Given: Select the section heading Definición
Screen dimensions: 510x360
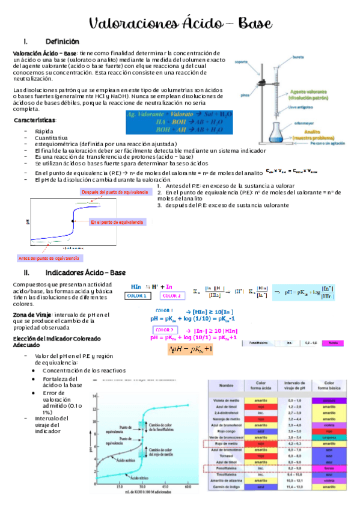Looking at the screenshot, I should [x=62, y=41].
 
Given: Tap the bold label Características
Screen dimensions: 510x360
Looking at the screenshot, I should [x=35, y=120].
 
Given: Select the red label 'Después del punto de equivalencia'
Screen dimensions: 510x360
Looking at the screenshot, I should [x=114, y=192].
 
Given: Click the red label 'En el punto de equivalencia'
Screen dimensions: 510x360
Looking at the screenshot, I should [x=118, y=223].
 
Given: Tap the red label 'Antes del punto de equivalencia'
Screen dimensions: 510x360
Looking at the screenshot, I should [x=49, y=258].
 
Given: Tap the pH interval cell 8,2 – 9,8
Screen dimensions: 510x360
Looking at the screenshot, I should [x=294, y=467].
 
